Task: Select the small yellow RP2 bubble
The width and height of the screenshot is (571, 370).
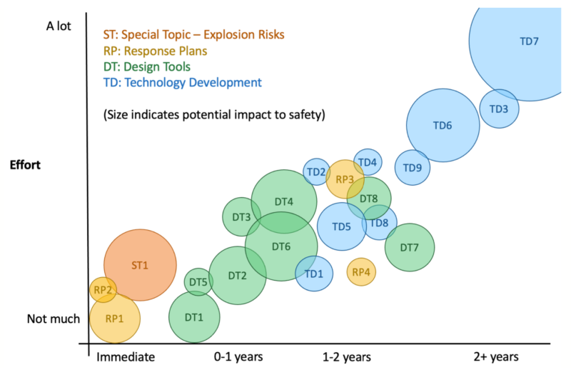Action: click(x=103, y=289)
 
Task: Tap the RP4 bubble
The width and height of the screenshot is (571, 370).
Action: click(x=361, y=271)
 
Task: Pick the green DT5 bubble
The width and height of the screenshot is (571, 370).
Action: click(x=198, y=282)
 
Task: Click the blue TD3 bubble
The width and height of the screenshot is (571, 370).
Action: click(x=499, y=109)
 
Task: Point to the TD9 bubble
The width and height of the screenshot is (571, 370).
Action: click(x=413, y=168)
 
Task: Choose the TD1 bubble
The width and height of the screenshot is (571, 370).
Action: click(x=314, y=274)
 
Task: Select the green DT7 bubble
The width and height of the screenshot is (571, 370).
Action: click(x=410, y=247)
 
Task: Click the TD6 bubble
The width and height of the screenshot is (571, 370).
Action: click(x=443, y=125)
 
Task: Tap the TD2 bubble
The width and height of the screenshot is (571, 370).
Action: click(x=316, y=171)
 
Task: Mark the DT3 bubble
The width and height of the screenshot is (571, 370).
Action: click(x=241, y=217)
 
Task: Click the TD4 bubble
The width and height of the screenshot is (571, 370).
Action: click(x=368, y=162)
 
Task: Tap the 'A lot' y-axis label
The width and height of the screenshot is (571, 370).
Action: click(x=61, y=26)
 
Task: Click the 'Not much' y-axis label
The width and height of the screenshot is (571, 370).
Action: click(x=54, y=319)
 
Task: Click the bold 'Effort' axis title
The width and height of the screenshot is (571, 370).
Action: click(x=26, y=164)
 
